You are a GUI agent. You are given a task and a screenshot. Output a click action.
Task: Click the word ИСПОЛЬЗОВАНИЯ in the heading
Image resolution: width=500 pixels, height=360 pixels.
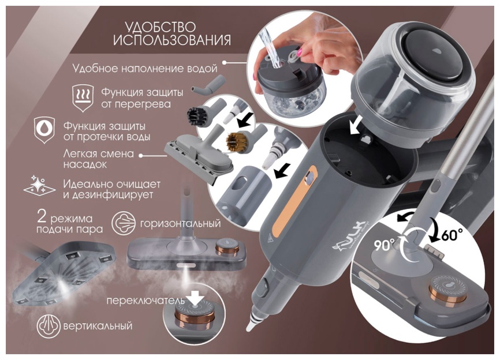pos(172,40)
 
